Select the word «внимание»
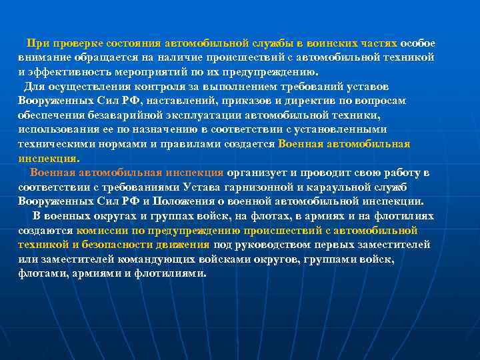41,57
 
